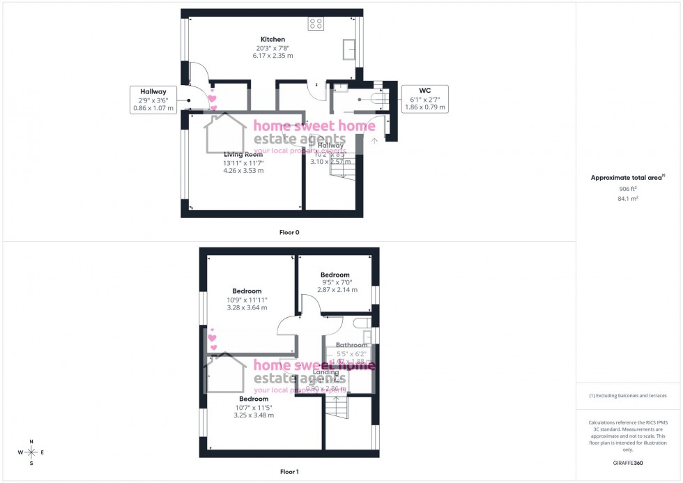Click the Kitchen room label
click(x=273, y=39)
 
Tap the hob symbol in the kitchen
click(x=316, y=24)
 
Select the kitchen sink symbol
click(x=348, y=50)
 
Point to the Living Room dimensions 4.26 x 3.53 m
click(x=243, y=171)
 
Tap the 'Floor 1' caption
click(x=289, y=472)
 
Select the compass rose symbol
click(x=31, y=452)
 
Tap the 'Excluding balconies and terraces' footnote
click(x=628, y=396)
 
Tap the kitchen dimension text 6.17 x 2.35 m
click(x=273, y=55)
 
